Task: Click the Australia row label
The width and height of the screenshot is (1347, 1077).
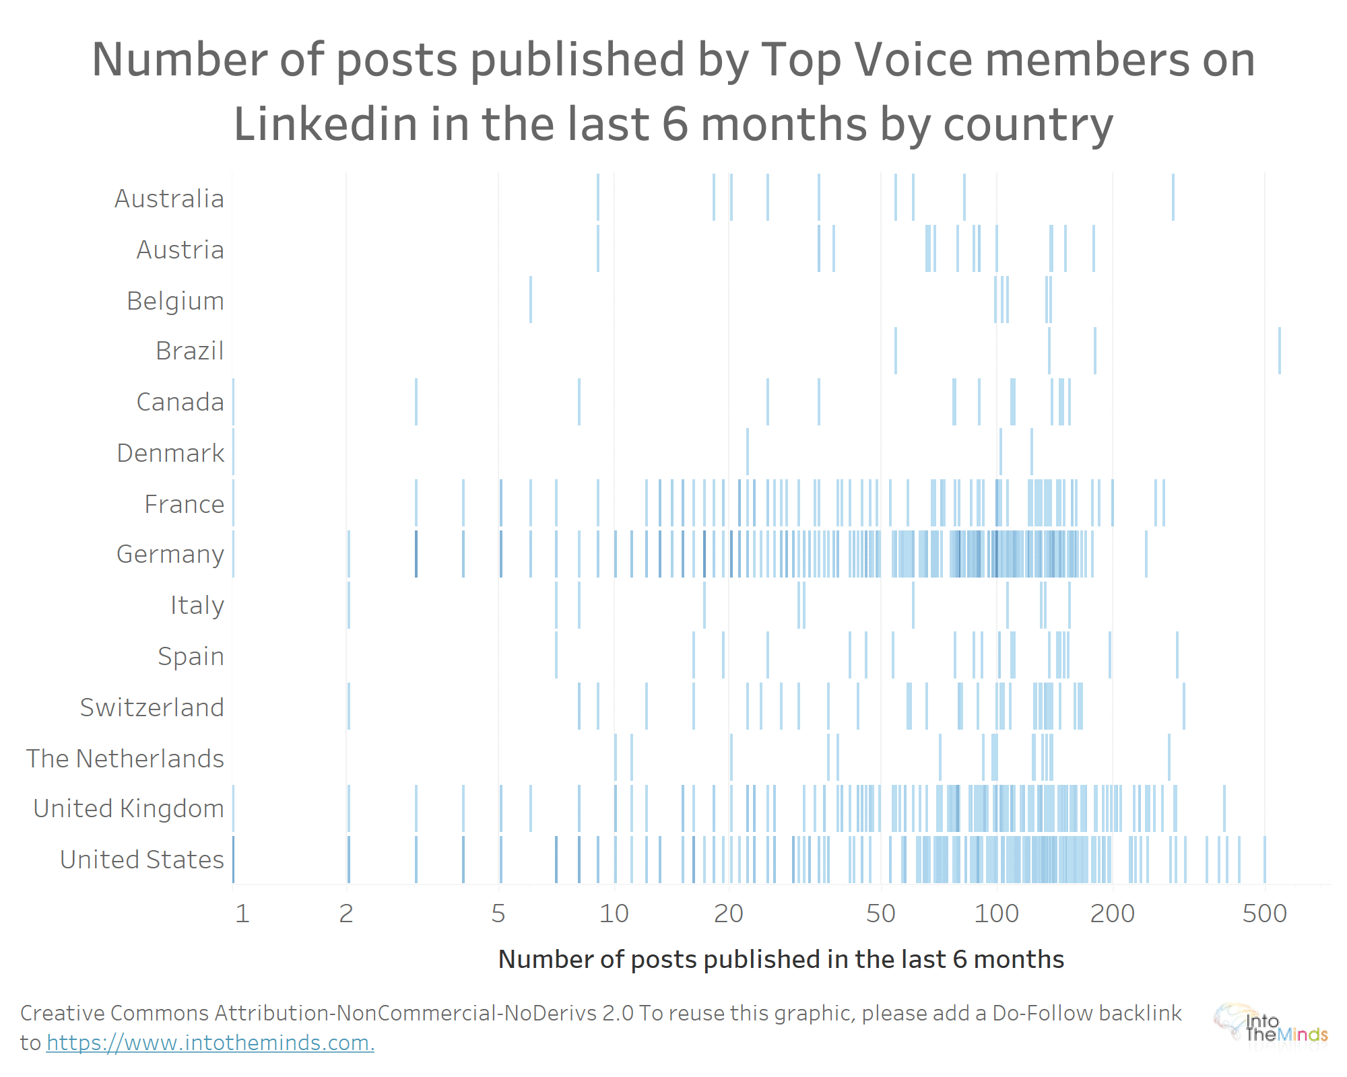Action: (169, 199)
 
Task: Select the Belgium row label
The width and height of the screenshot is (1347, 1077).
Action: (175, 301)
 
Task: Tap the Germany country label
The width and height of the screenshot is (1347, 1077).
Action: (170, 554)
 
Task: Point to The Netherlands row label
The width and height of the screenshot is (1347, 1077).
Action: (125, 759)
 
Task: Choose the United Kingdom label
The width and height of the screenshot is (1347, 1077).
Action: (129, 808)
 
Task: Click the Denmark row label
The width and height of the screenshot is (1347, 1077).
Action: (170, 453)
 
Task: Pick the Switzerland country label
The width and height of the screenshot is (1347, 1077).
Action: (152, 707)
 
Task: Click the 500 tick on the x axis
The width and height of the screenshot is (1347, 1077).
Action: (1265, 913)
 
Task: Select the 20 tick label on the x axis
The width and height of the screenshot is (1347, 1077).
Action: (729, 913)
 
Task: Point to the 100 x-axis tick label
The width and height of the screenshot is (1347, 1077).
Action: (997, 913)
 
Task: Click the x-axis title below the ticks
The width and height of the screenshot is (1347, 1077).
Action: (781, 959)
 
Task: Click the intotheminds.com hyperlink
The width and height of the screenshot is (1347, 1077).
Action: (210, 1043)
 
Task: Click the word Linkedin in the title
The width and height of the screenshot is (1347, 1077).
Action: (325, 125)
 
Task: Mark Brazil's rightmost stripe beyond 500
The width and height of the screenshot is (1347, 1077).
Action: (1280, 351)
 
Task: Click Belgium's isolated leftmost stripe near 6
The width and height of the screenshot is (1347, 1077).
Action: (531, 300)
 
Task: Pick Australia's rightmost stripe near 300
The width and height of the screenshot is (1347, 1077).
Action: (1173, 197)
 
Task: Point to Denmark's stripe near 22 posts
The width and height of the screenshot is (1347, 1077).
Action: (748, 452)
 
